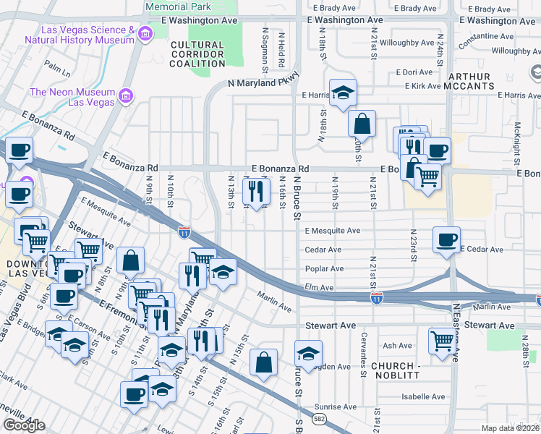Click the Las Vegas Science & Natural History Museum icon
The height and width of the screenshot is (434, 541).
coord(145,34)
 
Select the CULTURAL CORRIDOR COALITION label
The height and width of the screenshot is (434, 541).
coord(197,54)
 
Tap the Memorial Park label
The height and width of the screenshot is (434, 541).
coord(177,6)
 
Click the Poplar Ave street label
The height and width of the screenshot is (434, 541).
coord(324,268)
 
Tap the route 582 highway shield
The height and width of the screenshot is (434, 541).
coord(318,419)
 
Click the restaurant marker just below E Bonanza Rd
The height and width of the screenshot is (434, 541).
coord(255,192)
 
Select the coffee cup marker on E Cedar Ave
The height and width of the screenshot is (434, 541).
coord(446,239)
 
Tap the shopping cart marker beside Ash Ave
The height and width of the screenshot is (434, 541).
coord(442,341)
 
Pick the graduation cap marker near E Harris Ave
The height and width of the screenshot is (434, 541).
coord(343,92)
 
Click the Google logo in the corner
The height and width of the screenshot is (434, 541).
coord(24,425)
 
